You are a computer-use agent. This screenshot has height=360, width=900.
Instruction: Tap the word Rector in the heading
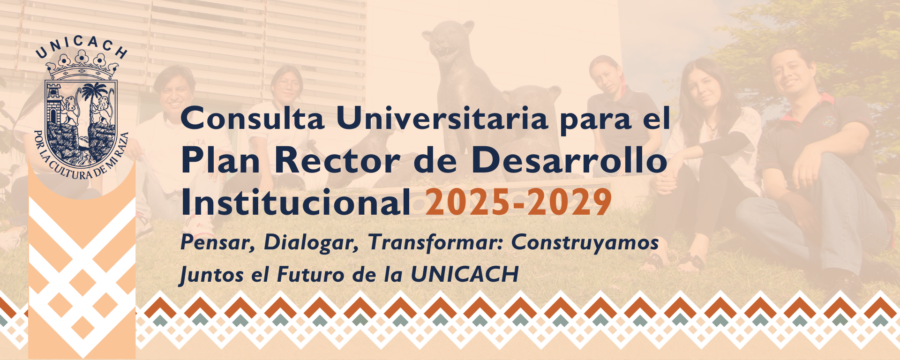337,160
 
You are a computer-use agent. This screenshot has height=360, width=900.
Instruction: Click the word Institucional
296,202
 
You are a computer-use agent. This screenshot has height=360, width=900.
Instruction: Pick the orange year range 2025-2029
518,202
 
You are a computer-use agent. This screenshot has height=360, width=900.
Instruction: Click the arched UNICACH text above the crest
82,46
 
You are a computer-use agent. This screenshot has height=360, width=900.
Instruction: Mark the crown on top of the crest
82,66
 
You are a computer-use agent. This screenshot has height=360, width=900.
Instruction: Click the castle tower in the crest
54,104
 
